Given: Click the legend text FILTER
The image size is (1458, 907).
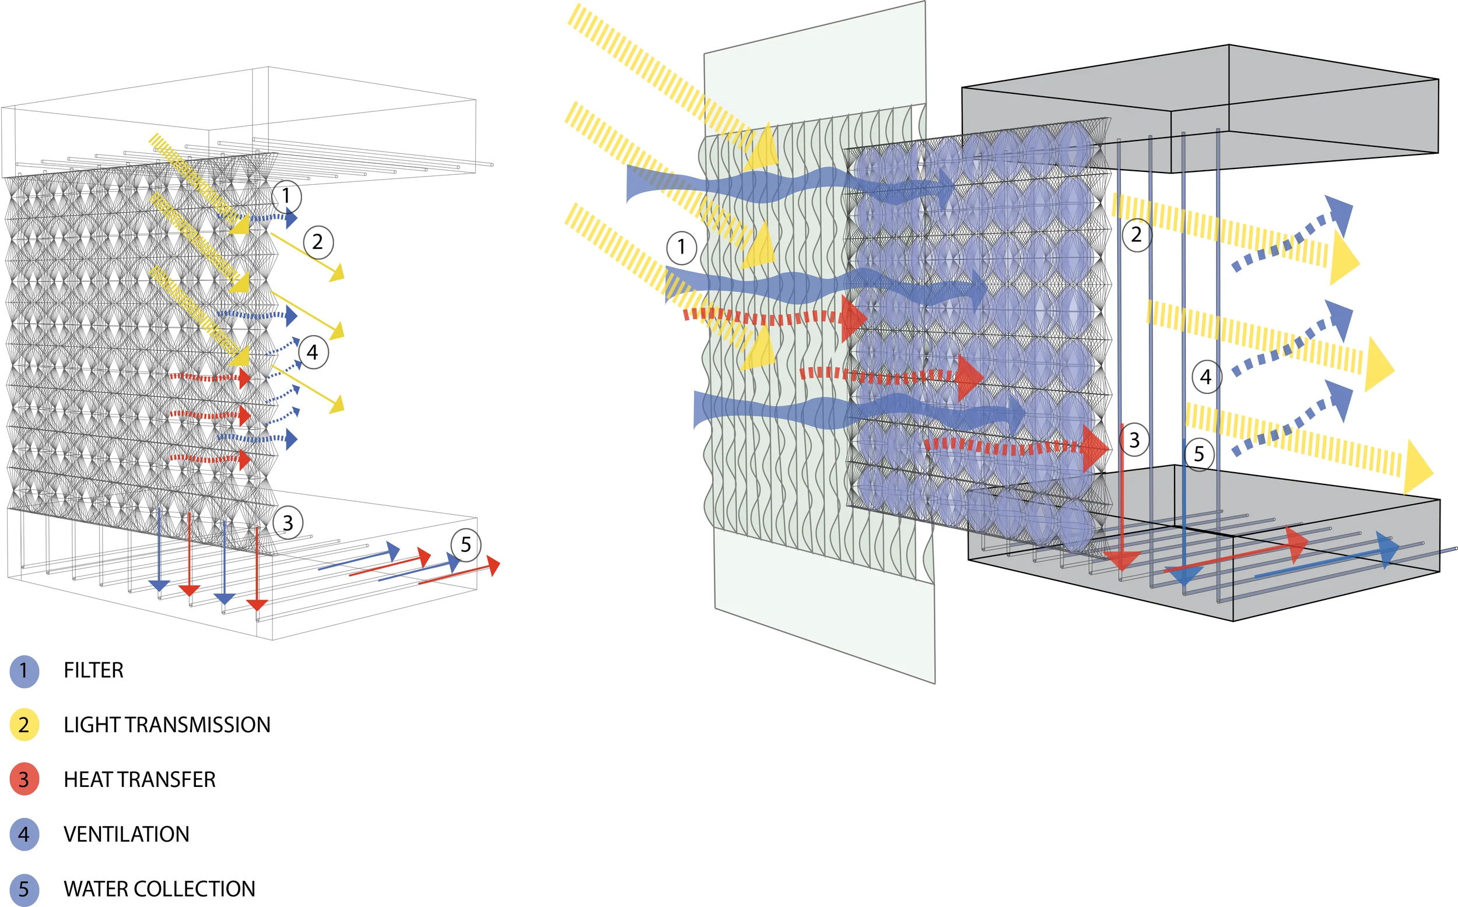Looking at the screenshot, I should (93, 670).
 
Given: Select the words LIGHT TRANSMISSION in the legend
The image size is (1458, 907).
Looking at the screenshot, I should (167, 725).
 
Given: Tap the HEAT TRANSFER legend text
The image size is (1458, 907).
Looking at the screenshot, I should (139, 779).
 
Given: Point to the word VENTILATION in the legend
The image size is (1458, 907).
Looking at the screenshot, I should (126, 834).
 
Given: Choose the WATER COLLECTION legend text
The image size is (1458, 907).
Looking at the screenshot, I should (159, 888).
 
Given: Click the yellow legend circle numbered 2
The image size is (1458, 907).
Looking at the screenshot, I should (24, 725).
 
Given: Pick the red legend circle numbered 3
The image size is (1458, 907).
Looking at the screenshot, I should (24, 779).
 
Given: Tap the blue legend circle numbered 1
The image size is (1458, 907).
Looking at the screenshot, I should (24, 670).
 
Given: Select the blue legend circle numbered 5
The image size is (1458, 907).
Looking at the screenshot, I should (24, 888).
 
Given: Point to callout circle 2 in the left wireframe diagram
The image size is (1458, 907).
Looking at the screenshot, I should (318, 242).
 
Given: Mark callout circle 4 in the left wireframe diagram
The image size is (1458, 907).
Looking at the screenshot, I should (313, 352).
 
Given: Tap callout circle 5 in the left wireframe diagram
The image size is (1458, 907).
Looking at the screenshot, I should (465, 544).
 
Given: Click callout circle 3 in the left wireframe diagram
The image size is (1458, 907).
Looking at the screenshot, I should (288, 522).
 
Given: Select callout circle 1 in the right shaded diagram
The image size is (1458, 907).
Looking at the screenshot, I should (681, 247).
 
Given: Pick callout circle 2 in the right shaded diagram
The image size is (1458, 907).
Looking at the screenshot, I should (1137, 234).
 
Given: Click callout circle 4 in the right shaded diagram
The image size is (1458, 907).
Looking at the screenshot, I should (1206, 377).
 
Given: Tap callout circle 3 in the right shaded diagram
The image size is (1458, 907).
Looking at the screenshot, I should (1134, 440).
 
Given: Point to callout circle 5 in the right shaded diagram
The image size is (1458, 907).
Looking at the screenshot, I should (1199, 454).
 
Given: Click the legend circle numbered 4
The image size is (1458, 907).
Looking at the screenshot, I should (24, 834).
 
